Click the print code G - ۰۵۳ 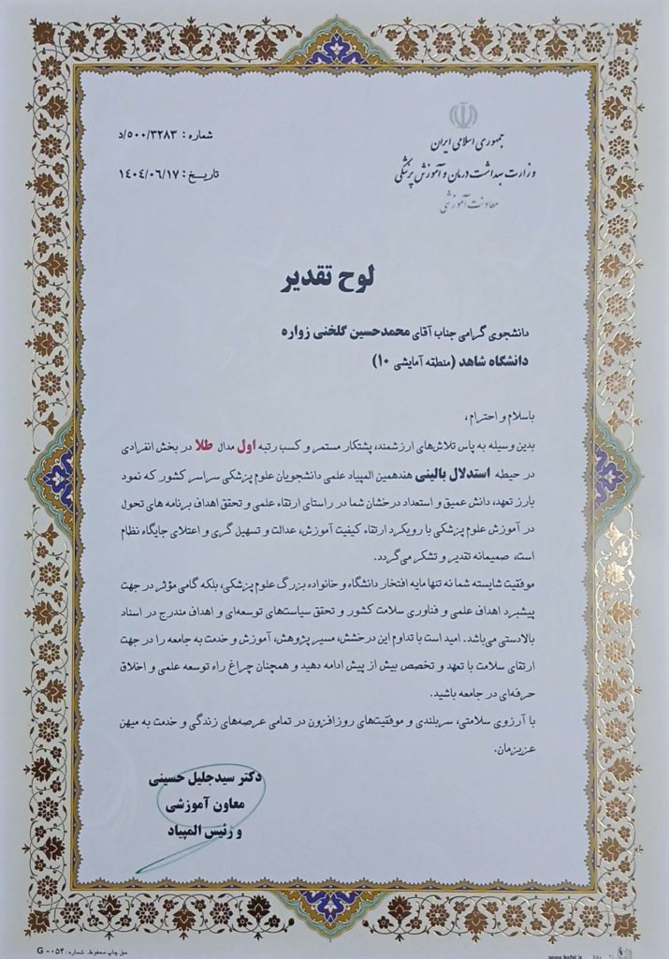(50, 948)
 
